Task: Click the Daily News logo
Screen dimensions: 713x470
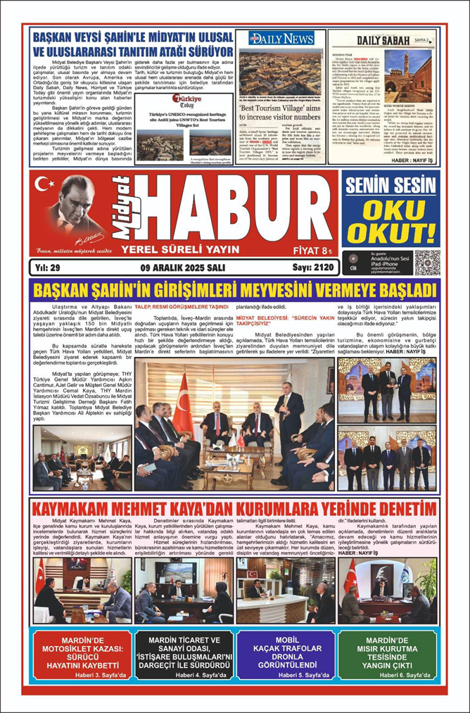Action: pyautogui.click(x=281, y=39)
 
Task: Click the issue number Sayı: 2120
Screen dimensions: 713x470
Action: pyautogui.click(x=312, y=268)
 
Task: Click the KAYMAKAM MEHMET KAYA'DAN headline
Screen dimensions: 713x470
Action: pyautogui.click(x=234, y=507)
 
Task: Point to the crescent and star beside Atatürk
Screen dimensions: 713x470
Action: pyautogui.click(x=44, y=185)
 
